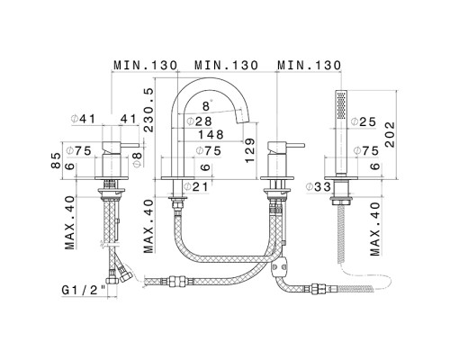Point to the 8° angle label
click(205, 106)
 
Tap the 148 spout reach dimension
click(204, 137)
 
